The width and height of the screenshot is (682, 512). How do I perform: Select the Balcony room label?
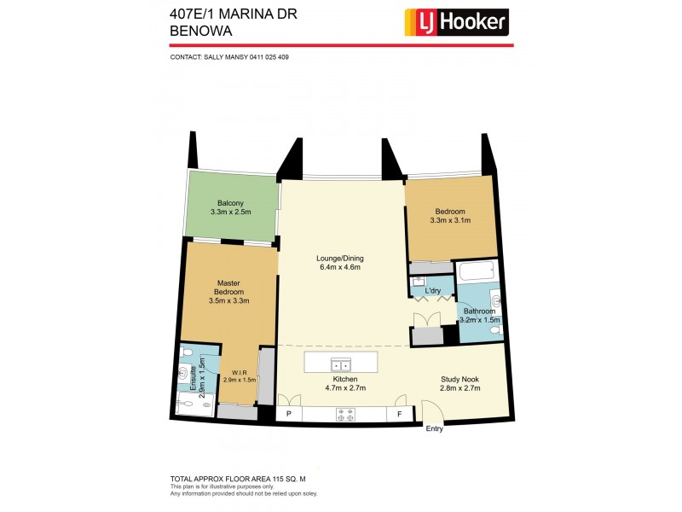click(x=230, y=203)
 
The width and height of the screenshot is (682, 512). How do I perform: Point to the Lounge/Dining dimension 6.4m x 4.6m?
click(x=340, y=267)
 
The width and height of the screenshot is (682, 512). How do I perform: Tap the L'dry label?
click(x=432, y=294)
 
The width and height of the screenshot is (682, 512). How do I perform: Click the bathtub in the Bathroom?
click(x=477, y=275)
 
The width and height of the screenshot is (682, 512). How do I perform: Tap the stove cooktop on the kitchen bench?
click(x=347, y=415)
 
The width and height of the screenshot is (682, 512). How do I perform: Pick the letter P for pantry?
click(x=288, y=415)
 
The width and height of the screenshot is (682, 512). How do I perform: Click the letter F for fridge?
click(x=399, y=415)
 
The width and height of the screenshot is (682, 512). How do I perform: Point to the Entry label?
click(x=435, y=428)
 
